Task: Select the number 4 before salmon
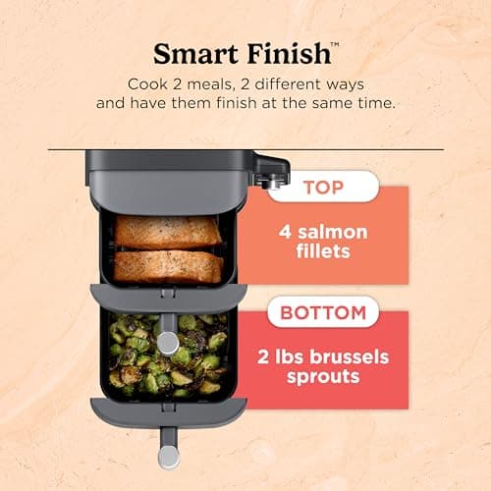pos(288,233)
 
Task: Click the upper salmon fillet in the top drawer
pos(168,232)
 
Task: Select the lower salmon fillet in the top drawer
pos(168,266)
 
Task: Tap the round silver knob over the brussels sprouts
pos(168,342)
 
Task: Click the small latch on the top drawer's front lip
pos(168,292)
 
